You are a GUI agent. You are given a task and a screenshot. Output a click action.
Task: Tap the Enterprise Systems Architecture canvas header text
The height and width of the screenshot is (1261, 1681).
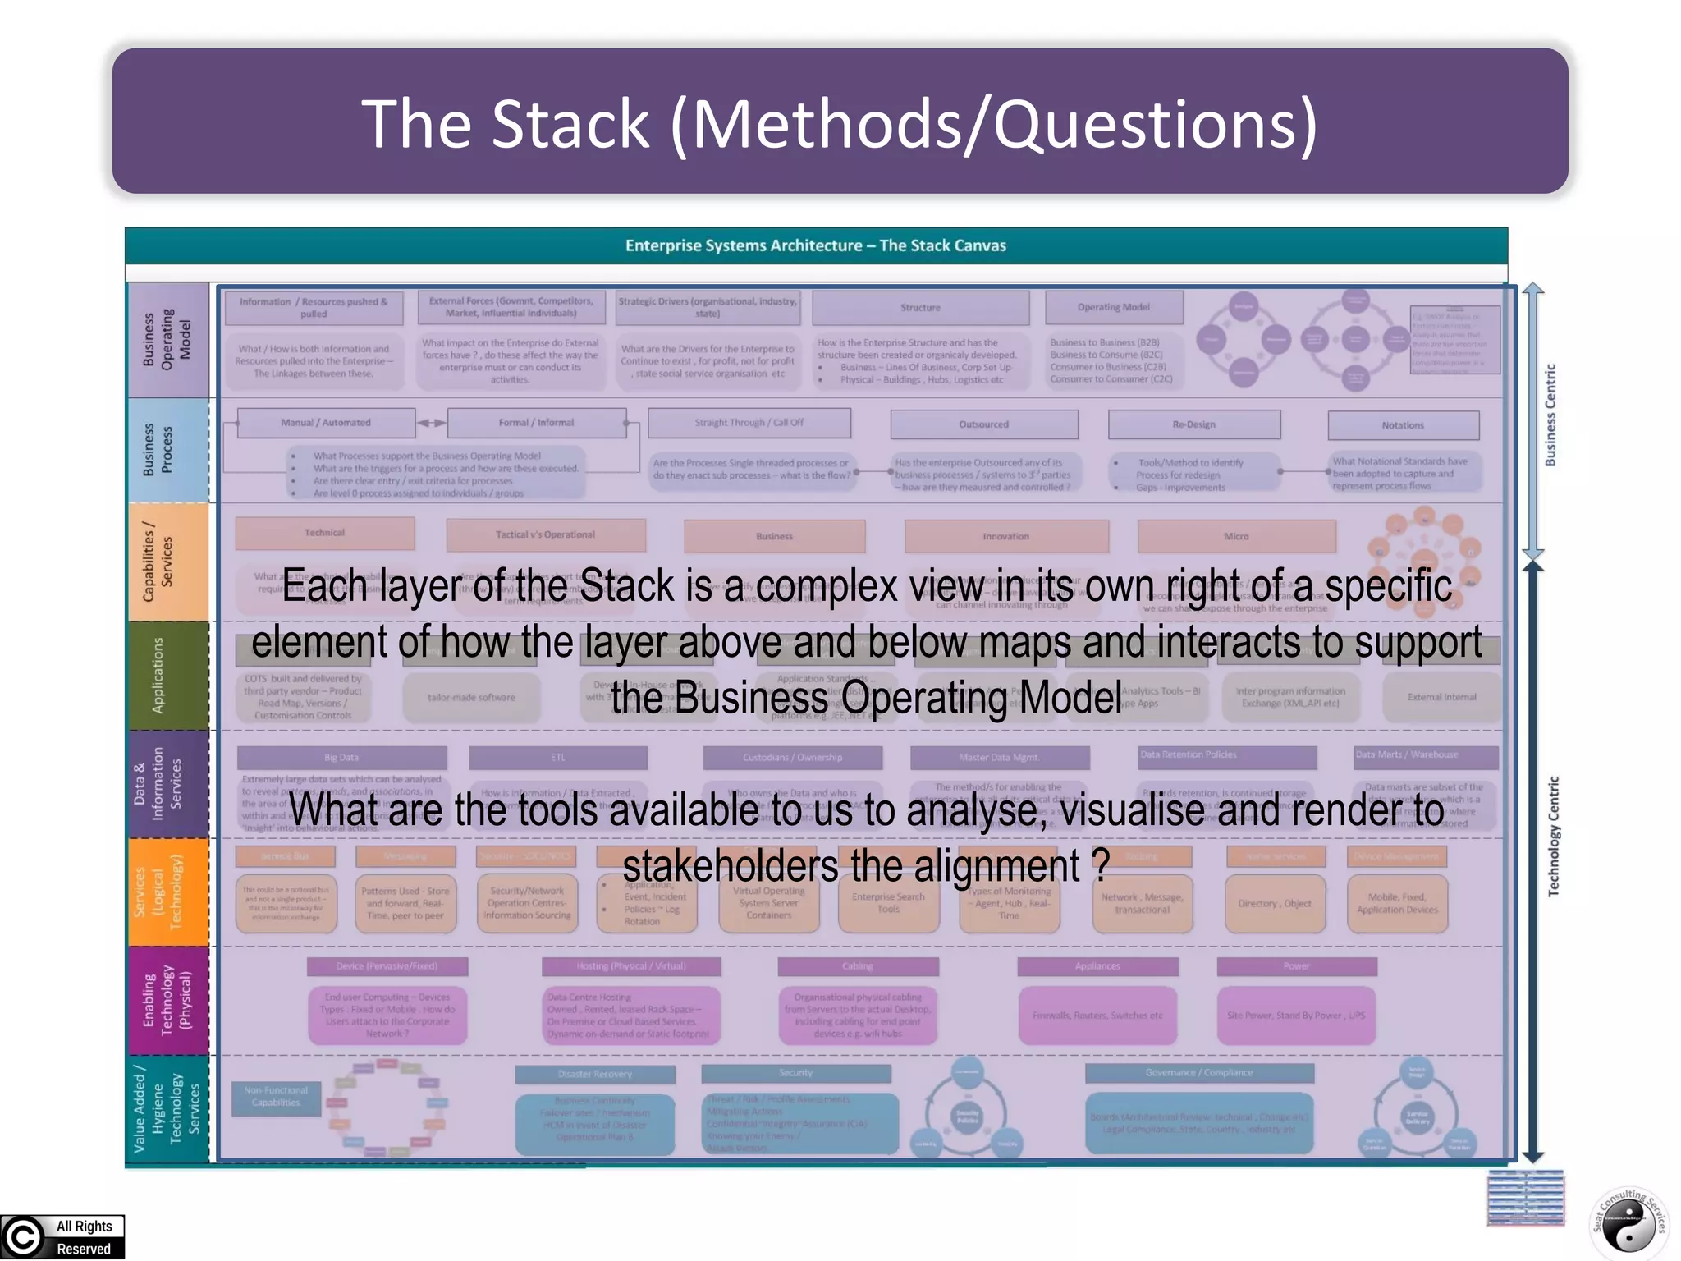815,245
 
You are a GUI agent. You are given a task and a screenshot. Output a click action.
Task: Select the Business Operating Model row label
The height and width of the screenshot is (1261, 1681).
167,340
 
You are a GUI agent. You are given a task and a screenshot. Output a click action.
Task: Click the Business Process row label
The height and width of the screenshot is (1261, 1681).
158,450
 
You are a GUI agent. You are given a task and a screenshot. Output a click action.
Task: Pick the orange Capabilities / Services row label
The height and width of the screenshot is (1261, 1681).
158,562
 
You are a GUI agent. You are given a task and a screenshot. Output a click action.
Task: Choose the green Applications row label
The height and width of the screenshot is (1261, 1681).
158,675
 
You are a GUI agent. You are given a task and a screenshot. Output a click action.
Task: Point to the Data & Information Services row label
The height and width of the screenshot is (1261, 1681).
158,783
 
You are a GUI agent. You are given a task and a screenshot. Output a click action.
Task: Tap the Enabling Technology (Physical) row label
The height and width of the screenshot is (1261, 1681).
167,1001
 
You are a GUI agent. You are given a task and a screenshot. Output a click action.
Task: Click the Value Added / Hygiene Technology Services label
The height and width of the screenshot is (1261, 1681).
167,1108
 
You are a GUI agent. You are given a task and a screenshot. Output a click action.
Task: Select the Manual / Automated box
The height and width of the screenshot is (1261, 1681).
326,423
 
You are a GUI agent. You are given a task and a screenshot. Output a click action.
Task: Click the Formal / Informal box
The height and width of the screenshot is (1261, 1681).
536,423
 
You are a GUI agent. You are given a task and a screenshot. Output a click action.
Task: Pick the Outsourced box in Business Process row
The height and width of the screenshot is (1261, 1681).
983,424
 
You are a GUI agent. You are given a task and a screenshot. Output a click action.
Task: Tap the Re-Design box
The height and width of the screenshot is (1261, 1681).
1193,424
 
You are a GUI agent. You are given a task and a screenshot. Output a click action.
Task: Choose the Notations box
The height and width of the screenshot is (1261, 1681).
1403,425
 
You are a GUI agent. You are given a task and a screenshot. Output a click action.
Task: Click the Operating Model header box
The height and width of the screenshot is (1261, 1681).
1114,307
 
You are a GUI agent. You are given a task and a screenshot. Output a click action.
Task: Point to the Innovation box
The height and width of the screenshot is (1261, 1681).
1005,536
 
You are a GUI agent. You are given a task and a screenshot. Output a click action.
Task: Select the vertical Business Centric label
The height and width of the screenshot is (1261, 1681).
1550,415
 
